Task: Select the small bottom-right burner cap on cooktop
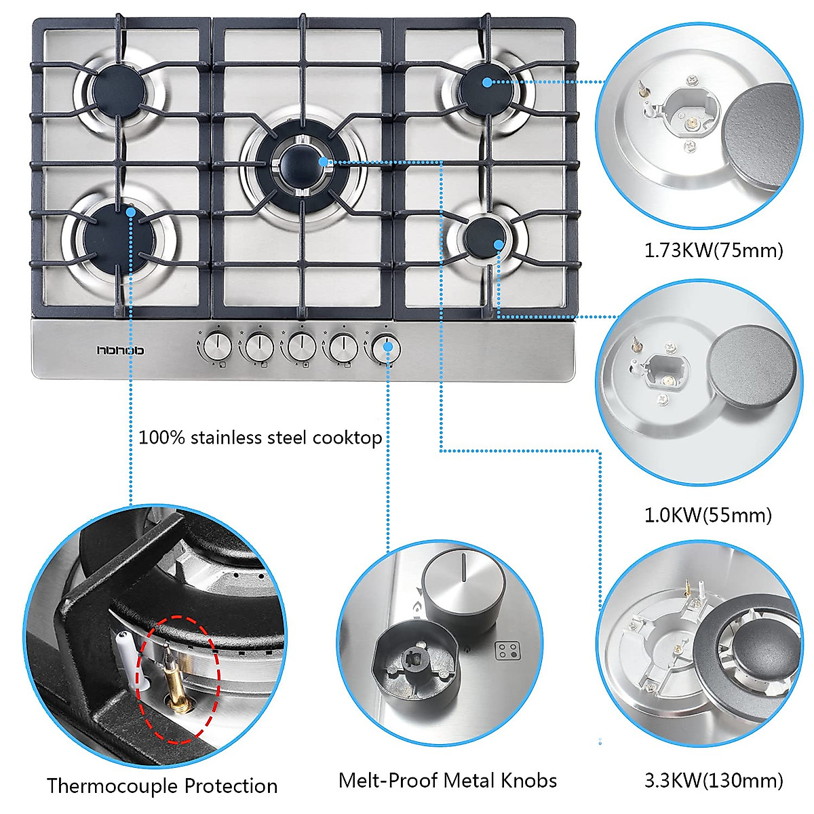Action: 486,236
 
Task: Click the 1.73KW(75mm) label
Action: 713,251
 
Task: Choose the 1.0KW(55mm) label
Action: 708,516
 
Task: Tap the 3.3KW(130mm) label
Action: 713,780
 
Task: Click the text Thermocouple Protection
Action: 162,786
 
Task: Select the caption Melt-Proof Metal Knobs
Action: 448,781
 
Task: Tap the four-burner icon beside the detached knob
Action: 505,652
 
